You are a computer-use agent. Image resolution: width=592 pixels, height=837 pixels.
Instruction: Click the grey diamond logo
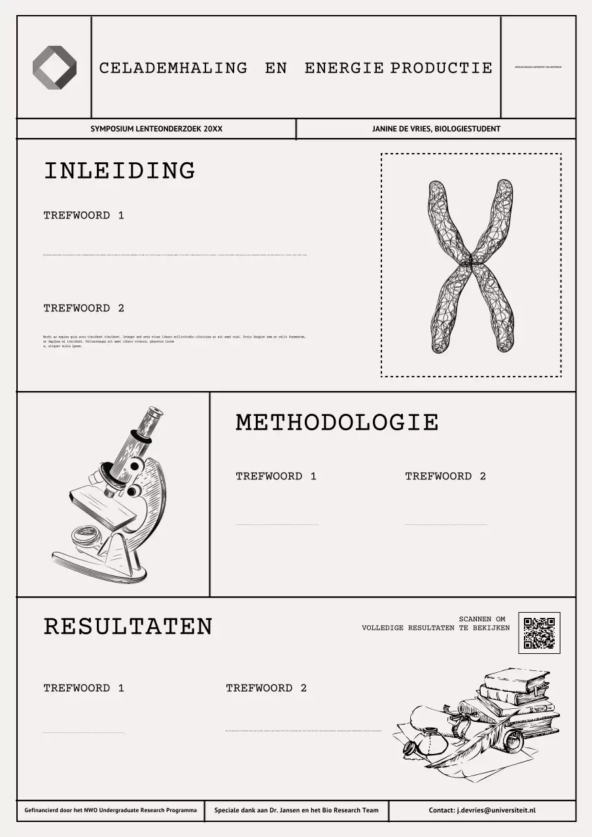(54, 67)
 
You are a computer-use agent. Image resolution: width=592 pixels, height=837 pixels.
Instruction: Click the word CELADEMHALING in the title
(173, 68)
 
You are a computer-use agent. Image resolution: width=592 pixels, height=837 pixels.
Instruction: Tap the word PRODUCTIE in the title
(442, 68)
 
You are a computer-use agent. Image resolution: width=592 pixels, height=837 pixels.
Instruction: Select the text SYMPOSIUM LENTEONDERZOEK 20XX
(156, 129)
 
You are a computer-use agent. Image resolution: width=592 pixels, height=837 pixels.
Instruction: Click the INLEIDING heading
(119, 171)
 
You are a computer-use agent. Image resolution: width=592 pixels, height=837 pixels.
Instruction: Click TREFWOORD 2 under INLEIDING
(84, 308)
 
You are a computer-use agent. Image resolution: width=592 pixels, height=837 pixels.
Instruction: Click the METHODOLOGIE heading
(337, 422)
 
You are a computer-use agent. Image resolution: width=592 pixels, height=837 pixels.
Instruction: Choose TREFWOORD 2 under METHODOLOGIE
(445, 476)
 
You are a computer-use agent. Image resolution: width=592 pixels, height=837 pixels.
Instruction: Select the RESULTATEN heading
(128, 626)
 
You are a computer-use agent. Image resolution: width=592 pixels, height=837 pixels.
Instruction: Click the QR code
(539, 632)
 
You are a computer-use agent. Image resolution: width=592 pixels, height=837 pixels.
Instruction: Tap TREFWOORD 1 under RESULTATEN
(84, 688)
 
